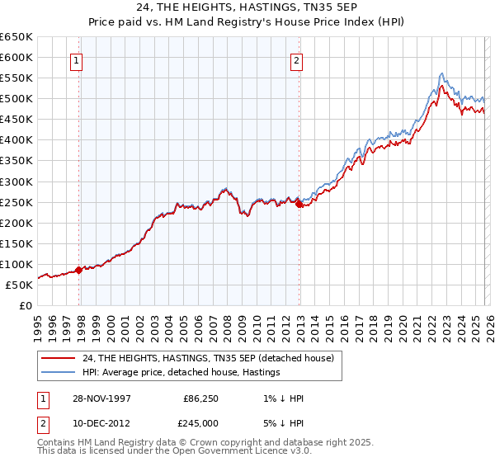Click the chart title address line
click(x=247, y=8)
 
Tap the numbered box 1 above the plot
click(x=76, y=60)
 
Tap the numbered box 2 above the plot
click(x=296, y=60)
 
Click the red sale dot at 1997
click(x=79, y=270)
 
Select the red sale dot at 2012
click(x=299, y=205)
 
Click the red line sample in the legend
click(x=59, y=358)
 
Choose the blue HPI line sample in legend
click(x=59, y=372)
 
